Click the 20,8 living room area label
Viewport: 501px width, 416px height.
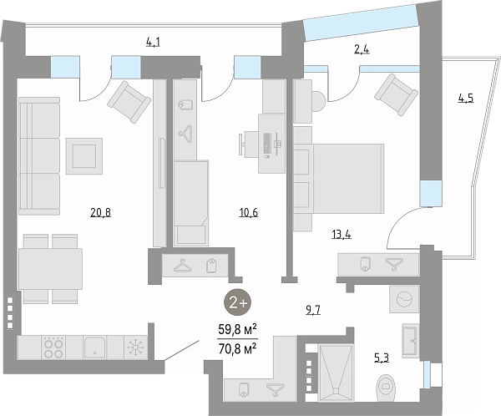point(101,213)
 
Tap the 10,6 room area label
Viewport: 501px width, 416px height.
point(249,213)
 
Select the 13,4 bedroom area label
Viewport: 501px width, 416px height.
point(342,235)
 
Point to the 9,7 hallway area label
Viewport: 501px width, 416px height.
point(313,310)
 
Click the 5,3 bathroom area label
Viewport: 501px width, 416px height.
point(382,358)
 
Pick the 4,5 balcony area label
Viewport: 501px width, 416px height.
point(466,98)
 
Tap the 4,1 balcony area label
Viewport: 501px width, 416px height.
point(153,43)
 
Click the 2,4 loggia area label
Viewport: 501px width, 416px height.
point(362,50)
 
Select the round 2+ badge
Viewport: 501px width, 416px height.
point(237,302)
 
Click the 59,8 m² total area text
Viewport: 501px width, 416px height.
point(237,330)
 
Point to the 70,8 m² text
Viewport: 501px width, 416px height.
point(237,348)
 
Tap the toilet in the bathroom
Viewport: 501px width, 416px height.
point(386,388)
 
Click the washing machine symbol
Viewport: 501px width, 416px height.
point(404,299)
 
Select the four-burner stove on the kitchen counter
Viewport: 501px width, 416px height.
point(53,348)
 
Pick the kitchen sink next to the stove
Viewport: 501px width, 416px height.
point(95,348)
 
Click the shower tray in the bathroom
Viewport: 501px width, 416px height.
point(336,373)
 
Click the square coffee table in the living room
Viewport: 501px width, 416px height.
point(84,156)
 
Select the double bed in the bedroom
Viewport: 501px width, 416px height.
point(339,179)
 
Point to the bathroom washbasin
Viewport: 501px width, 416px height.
point(410,341)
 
